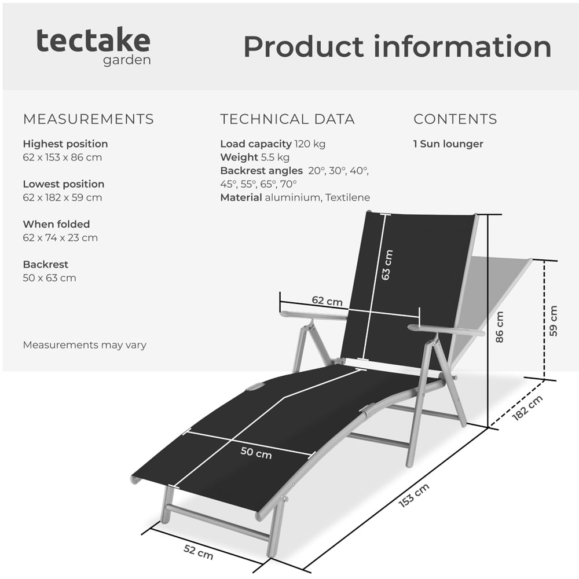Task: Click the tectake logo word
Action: pyautogui.click(x=93, y=41)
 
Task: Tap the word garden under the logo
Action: pyautogui.click(x=127, y=61)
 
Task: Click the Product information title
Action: pyautogui.click(x=397, y=46)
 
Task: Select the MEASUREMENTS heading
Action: pyautogui.click(x=88, y=119)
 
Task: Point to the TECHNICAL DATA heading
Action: pyautogui.click(x=287, y=119)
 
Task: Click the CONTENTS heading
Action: pyautogui.click(x=455, y=119)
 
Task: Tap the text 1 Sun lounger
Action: pyautogui.click(x=448, y=144)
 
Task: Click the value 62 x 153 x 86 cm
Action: pyautogui.click(x=63, y=157)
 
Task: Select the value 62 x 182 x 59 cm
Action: pyautogui.click(x=63, y=197)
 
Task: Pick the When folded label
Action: pyautogui.click(x=56, y=224)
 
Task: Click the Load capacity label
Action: pyautogui.click(x=255, y=144)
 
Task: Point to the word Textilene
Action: pyautogui.click(x=347, y=197)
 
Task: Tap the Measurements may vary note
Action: pyautogui.click(x=85, y=345)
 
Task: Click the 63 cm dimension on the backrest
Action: pyautogui.click(x=387, y=265)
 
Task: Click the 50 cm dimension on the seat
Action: pyautogui.click(x=256, y=453)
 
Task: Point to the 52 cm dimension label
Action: pyautogui.click(x=199, y=552)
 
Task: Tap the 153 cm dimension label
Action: pyautogui.click(x=414, y=496)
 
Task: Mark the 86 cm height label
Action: pyautogui.click(x=500, y=327)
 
